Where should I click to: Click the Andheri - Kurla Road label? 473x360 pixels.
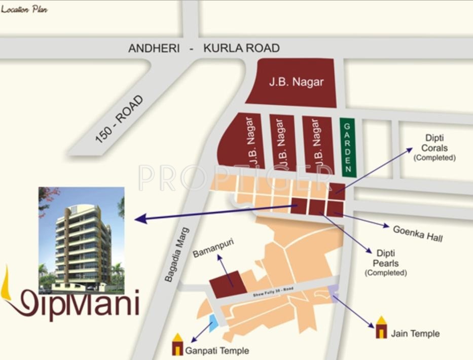(x=204, y=48)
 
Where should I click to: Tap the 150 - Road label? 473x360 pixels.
(x=119, y=119)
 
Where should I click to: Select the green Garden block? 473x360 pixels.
(x=347, y=147)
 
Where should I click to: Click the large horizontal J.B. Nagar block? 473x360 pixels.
(x=295, y=82)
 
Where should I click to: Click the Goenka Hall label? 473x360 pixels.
(x=418, y=233)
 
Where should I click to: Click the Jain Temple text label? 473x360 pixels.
(x=415, y=333)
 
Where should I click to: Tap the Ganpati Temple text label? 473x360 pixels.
(x=217, y=350)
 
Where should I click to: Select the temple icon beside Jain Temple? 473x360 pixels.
(x=381, y=328)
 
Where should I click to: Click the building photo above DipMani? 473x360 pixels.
(x=82, y=240)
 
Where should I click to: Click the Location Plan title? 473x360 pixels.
(x=24, y=9)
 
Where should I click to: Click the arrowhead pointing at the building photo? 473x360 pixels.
(x=140, y=219)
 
